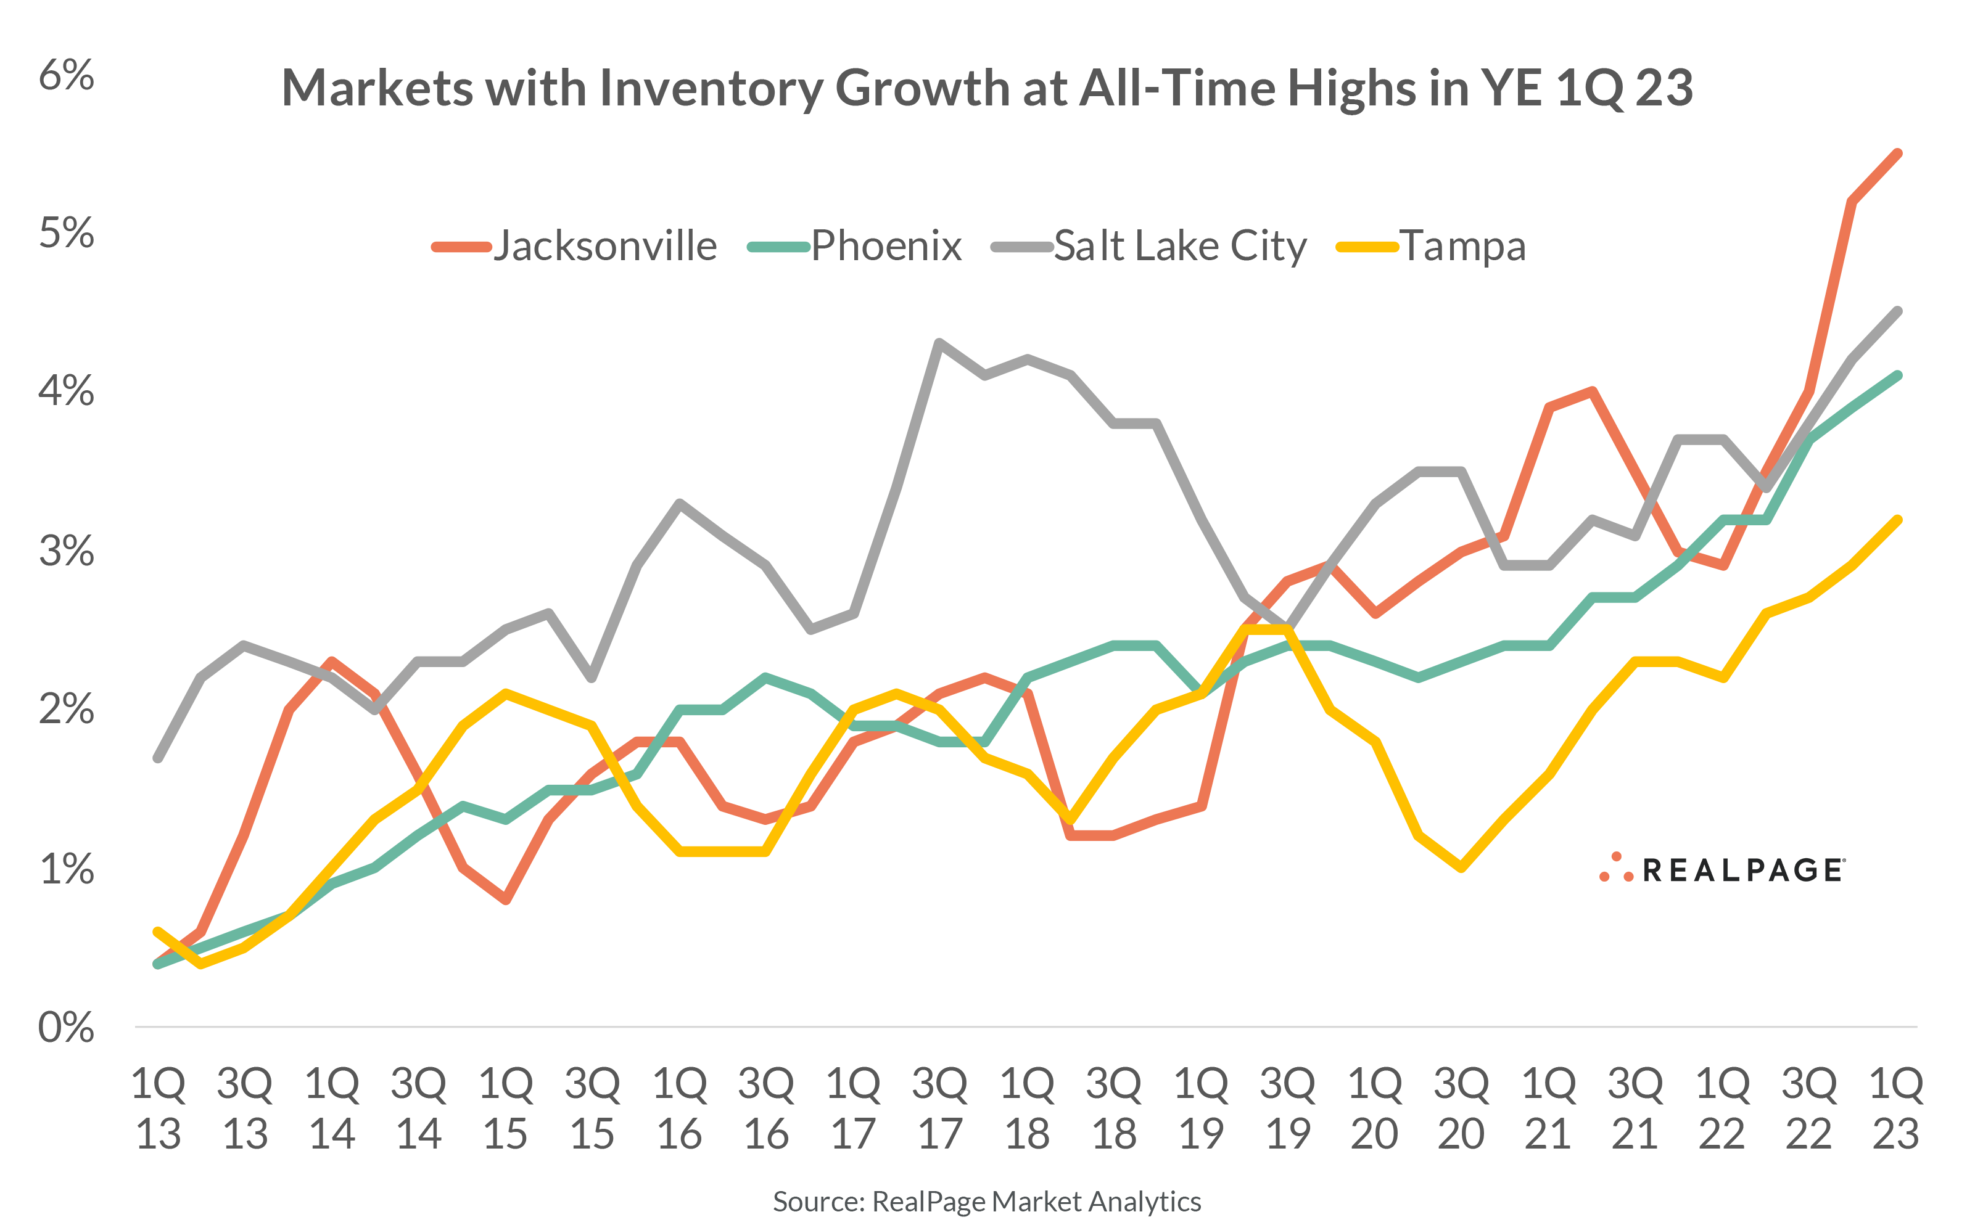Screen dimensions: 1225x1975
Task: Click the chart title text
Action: pyautogui.click(x=986, y=88)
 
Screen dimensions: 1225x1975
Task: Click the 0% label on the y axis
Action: pyautogui.click(x=67, y=1027)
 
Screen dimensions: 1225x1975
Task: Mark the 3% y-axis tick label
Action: pyautogui.click(x=67, y=551)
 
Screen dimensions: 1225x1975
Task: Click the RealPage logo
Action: pyautogui.click(x=1722, y=869)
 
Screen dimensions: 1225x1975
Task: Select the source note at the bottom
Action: pyautogui.click(x=986, y=1201)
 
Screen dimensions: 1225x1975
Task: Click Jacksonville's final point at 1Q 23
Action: pyautogui.click(x=1897, y=153)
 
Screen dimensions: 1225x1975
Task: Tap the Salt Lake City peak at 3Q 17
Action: pyautogui.click(x=939, y=343)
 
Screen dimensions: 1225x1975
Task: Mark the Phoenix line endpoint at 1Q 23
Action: pyautogui.click(x=1897, y=375)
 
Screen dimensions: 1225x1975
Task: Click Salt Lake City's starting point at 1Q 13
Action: pyautogui.click(x=158, y=758)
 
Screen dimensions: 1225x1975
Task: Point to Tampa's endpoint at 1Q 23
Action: pyautogui.click(x=1897, y=520)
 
